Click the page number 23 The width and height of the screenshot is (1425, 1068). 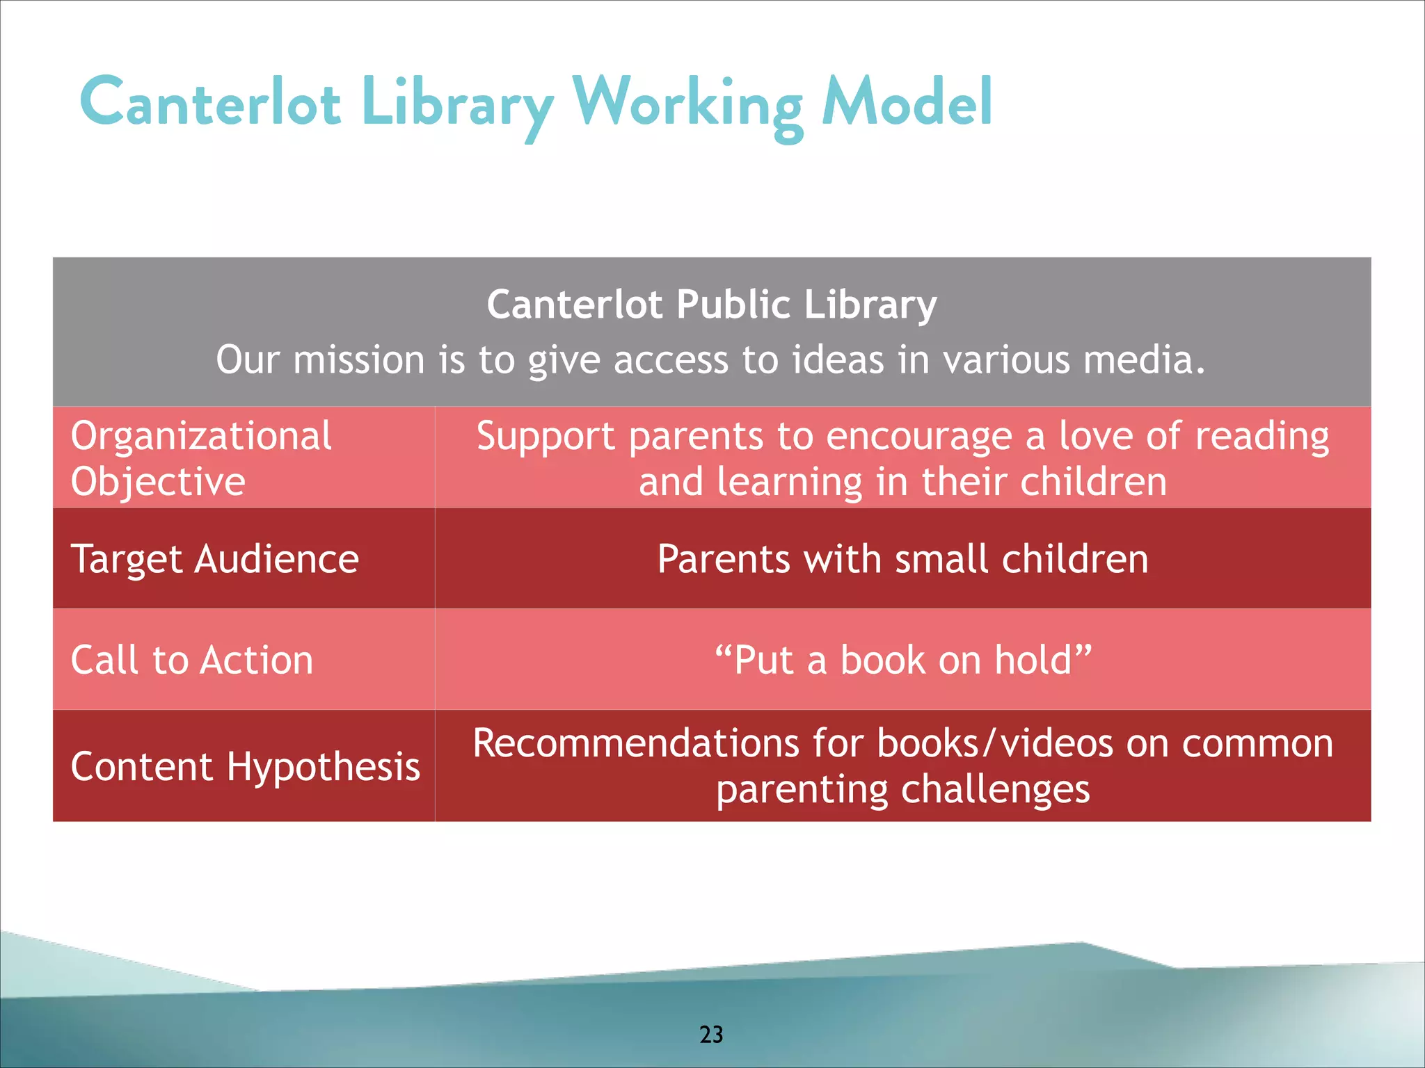point(711,1034)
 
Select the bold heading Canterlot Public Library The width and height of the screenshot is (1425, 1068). point(711,305)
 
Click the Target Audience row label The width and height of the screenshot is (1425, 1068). point(215,559)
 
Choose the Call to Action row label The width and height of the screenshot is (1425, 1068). point(192,660)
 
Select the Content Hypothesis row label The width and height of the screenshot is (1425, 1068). point(245,766)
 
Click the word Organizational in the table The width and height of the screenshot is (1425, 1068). point(201,436)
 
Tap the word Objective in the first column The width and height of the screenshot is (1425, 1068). point(158,482)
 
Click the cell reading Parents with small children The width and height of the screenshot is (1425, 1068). point(902,559)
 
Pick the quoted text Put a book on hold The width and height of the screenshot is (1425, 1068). point(902,660)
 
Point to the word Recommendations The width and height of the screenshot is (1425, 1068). point(635,743)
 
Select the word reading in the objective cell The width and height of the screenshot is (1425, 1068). point(1261,437)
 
